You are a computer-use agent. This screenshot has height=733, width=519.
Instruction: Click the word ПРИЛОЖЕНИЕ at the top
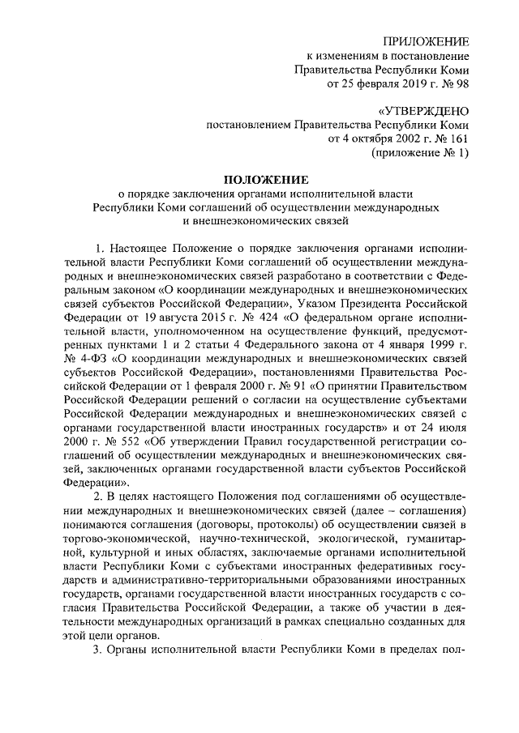coord(427,40)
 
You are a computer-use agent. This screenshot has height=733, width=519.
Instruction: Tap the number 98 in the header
coord(460,83)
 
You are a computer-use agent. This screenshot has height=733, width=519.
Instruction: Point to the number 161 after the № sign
coord(458,139)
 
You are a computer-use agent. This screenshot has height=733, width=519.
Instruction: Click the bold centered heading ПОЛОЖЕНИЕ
coord(264,179)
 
